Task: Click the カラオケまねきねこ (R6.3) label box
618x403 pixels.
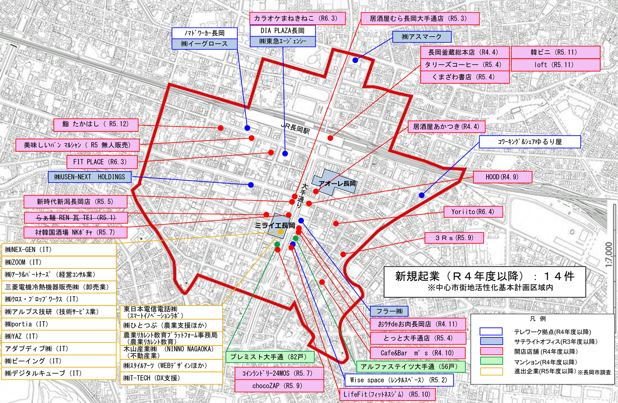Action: pos(297,18)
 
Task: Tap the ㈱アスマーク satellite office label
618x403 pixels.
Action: pos(422,37)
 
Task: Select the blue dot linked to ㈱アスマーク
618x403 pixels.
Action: pos(355,60)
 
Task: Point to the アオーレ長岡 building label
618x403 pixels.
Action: pos(337,183)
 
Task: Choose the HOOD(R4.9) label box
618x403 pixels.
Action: pos(502,177)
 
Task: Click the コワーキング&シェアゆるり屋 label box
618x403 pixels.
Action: pos(529,142)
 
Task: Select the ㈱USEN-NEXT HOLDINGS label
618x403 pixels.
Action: pos(90,177)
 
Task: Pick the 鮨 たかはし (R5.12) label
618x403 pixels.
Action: pos(96,124)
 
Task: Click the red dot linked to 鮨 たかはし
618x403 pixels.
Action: pos(220,128)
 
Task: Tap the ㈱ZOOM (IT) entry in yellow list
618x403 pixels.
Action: pos(59,262)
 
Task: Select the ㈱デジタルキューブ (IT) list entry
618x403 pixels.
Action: pos(59,373)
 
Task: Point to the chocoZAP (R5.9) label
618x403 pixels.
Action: pos(279,386)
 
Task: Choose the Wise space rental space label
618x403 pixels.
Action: pos(399,380)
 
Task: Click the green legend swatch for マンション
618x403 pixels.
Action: pos(491,361)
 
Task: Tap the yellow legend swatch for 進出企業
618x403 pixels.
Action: pos(491,371)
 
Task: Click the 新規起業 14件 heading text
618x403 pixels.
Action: pos(484,276)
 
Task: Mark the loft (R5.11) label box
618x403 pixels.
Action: pos(555,65)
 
